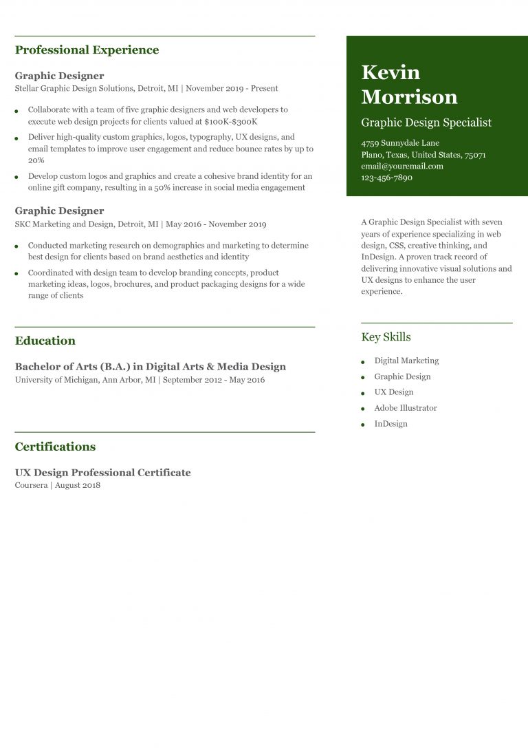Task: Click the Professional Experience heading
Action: pos(87,50)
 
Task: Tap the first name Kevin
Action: pos(390,72)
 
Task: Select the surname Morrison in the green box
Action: pos(409,96)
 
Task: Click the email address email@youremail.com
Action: pos(402,166)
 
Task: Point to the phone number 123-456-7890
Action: pos(386,178)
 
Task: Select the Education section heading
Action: pos(45,341)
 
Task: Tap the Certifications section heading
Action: pos(55,447)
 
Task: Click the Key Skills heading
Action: pos(386,337)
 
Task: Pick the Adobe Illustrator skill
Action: pos(405,408)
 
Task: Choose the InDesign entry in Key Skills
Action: pos(390,424)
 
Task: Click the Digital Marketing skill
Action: pos(406,361)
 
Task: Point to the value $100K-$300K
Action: pos(231,121)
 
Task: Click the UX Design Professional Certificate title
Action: pos(102,473)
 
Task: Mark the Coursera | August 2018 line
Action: pos(58,485)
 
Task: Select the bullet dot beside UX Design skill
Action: pos(363,393)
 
